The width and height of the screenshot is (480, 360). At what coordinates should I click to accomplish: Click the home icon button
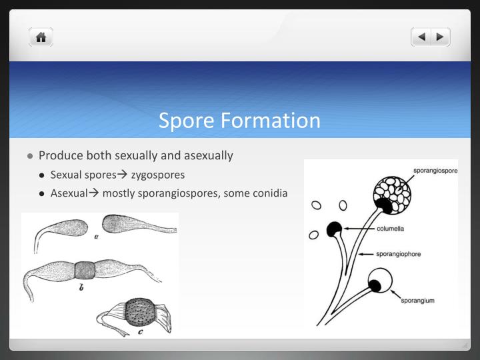[x=41, y=37]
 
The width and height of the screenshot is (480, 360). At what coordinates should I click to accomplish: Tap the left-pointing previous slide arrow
[x=421, y=37]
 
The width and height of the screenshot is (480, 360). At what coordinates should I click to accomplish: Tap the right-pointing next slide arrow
[x=440, y=37]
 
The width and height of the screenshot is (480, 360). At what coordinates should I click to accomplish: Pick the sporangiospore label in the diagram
[x=435, y=171]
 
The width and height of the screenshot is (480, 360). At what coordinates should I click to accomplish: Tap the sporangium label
[x=417, y=301]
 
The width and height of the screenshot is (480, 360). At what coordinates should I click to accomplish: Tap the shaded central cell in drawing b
[x=85, y=270]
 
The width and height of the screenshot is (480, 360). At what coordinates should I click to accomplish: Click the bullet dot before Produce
[x=31, y=156]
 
